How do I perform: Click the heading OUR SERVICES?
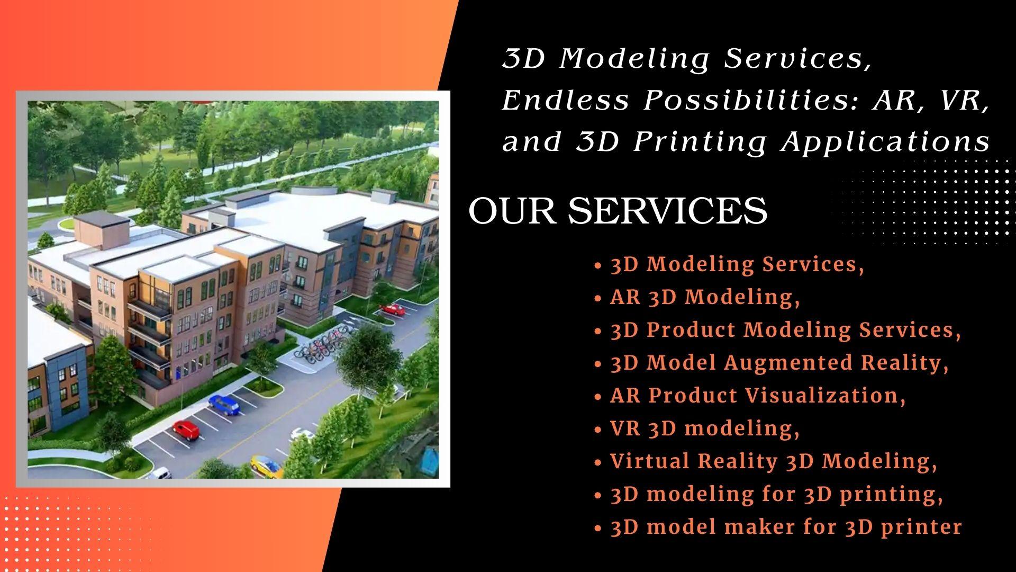pyautogui.click(x=618, y=211)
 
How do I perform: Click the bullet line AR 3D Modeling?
pyautogui.click(x=705, y=298)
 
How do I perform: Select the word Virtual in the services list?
pyautogui.click(x=649, y=461)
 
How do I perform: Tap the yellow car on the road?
pyautogui.click(x=266, y=464)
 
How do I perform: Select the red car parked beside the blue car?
pyautogui.click(x=186, y=430)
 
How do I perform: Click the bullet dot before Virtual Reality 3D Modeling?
pyautogui.click(x=598, y=462)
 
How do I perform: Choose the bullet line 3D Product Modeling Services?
pyautogui.click(x=785, y=330)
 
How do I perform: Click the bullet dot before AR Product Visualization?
pyautogui.click(x=598, y=397)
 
